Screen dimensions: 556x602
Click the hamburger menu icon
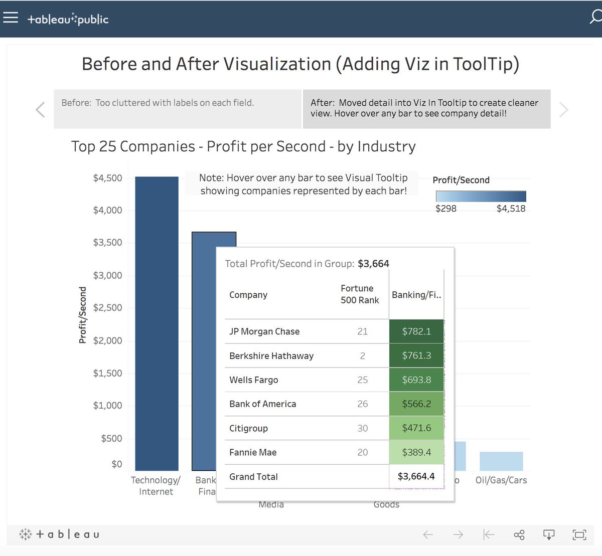click(x=11, y=18)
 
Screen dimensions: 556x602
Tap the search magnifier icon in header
click(x=595, y=18)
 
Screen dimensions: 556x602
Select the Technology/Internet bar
click(x=157, y=323)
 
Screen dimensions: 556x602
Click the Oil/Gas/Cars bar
click(x=501, y=461)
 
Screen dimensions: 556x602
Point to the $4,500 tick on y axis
click(x=107, y=178)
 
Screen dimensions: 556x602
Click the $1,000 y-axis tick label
click(x=107, y=406)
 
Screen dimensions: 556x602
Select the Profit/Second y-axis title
click(x=83, y=315)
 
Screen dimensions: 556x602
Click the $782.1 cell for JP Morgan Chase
click(x=416, y=331)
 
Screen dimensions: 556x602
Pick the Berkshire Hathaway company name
click(x=271, y=356)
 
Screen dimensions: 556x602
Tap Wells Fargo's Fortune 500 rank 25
click(x=362, y=380)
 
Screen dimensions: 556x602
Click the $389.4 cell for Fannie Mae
click(x=416, y=452)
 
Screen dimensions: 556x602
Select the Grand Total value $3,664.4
click(x=416, y=476)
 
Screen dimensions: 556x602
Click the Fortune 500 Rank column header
click(x=360, y=294)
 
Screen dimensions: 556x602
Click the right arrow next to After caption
click(x=564, y=109)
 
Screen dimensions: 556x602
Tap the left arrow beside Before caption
click(x=41, y=109)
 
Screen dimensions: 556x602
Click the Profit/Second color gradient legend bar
click(x=481, y=196)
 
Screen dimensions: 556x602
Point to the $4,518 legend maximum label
click(x=511, y=209)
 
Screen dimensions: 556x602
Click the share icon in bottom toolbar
click(x=519, y=535)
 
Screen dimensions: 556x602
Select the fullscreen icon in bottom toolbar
click(x=579, y=535)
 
